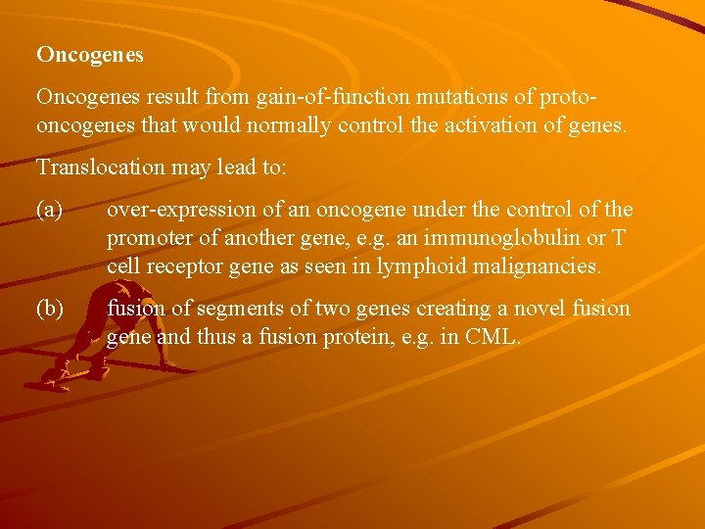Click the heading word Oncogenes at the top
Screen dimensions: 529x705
[90, 55]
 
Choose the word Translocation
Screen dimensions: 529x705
[95, 168]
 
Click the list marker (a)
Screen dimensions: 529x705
[50, 210]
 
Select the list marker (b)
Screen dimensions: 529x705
[50, 309]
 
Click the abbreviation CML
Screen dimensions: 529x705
[495, 338]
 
